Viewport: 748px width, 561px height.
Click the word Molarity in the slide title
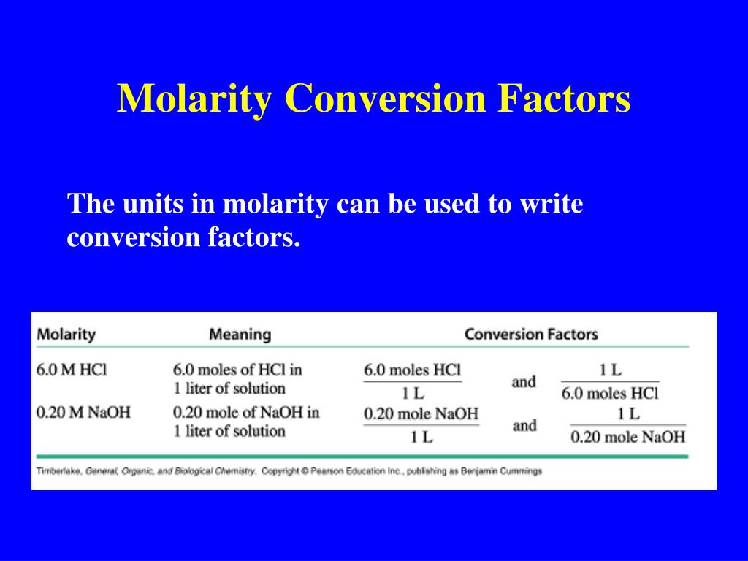[194, 99]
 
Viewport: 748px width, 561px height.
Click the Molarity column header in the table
[66, 335]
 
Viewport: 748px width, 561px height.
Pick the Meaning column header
[240, 335]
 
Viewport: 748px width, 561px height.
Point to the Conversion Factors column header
[531, 335]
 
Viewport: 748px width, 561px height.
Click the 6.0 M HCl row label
[72, 370]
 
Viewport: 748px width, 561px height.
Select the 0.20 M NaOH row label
[83, 412]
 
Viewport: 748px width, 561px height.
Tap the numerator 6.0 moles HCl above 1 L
[412, 370]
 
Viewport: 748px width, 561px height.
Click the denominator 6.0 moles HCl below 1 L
[610, 393]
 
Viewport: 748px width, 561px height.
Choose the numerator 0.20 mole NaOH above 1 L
[421, 413]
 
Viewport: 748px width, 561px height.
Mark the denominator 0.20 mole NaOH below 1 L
[627, 437]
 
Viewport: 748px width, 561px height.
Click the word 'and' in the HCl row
[524, 381]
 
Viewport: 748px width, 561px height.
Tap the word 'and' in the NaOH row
[524, 425]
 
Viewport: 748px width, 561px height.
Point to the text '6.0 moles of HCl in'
[237, 370]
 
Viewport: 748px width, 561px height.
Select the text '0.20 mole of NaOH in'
[246, 412]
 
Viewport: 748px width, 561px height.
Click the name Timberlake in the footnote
[59, 471]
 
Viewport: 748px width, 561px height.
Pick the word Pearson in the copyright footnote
[329, 471]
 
